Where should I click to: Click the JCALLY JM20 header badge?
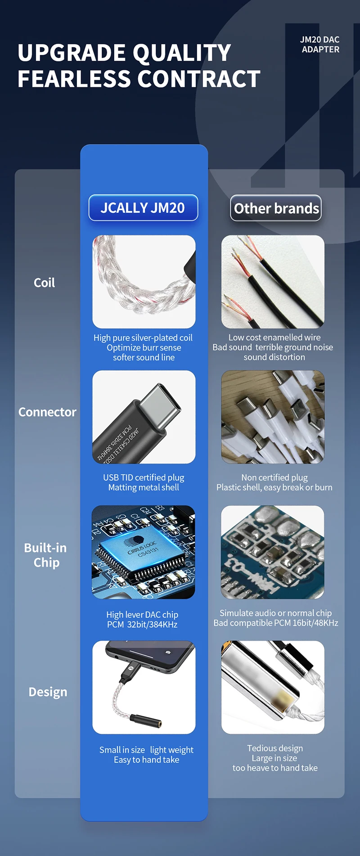pos(143,208)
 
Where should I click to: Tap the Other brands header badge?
pos(276,208)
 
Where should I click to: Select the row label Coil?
pos(45,283)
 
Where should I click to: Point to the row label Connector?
pos(47,412)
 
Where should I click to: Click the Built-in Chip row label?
pos(45,555)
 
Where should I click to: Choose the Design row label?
pos(48,692)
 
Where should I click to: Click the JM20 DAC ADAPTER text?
pos(320,45)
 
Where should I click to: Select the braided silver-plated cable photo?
pos(144,282)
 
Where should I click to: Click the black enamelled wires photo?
pos(273,282)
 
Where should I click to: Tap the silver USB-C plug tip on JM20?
pos(160,405)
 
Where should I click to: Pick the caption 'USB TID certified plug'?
pos(144,478)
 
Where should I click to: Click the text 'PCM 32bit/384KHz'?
pos(142,624)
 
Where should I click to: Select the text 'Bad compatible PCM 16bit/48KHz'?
pos(276,623)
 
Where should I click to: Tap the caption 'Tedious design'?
pos(275,748)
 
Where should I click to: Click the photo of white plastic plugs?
pos(273,417)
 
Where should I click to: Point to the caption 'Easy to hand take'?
pos(147,760)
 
